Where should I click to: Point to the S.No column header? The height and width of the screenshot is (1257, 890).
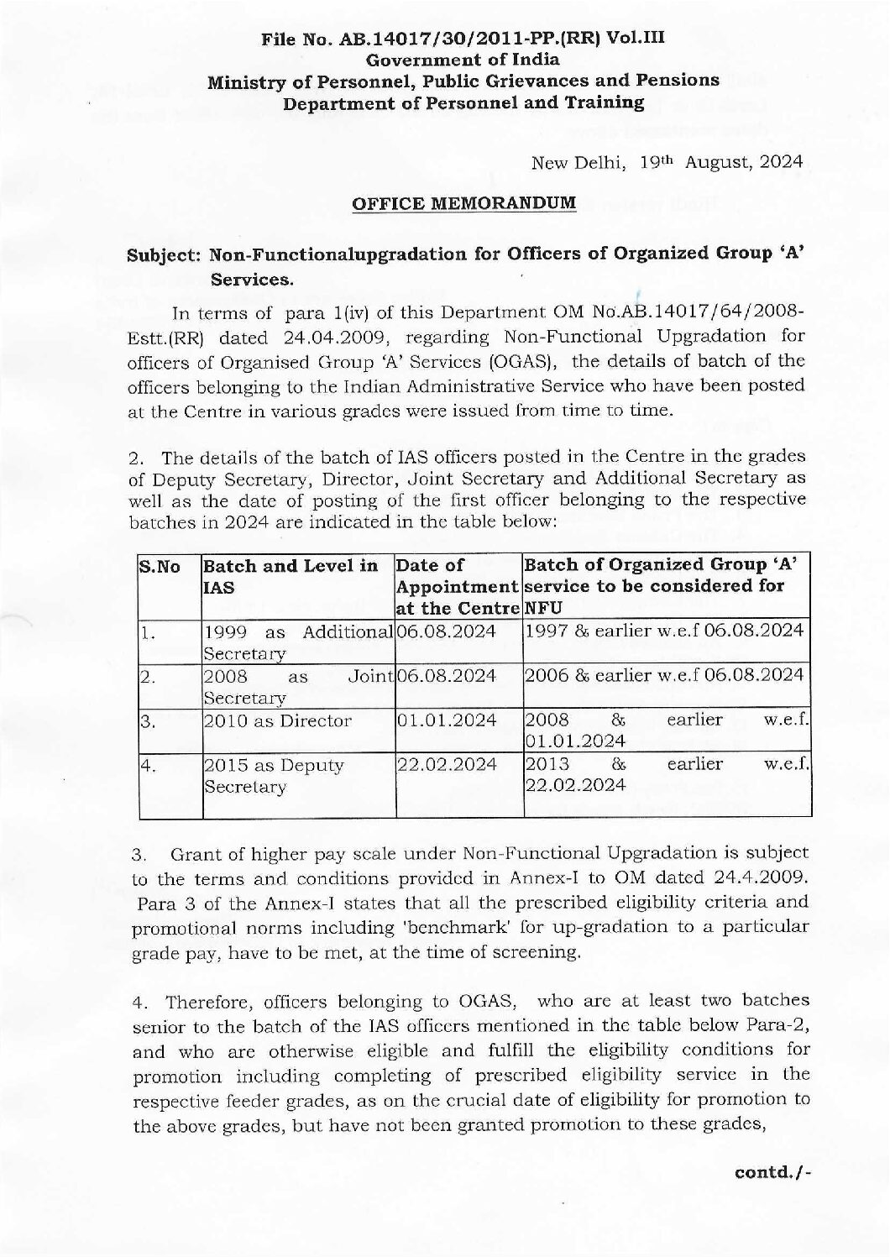point(160,567)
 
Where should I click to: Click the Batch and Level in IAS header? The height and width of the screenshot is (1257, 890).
point(291,577)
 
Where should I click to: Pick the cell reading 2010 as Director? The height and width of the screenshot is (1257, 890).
point(277,720)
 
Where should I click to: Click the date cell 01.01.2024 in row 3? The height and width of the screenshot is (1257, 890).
point(447,720)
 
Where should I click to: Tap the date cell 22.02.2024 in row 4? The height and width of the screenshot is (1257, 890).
point(447,765)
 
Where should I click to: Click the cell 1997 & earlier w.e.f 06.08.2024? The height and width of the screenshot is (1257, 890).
point(664,631)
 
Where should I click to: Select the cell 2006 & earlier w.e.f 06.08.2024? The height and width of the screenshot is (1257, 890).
point(664,675)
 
